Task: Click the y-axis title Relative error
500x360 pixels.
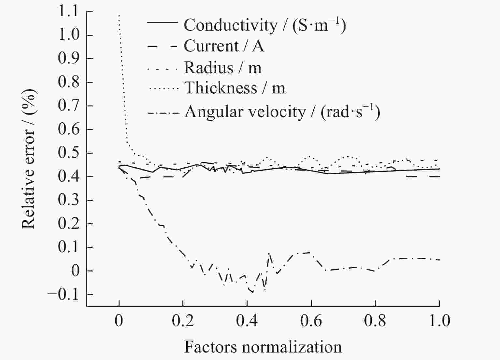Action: click(x=29, y=159)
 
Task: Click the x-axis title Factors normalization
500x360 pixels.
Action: click(x=263, y=347)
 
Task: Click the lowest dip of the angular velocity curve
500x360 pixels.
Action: click(x=253, y=292)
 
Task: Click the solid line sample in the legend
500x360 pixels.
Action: click(x=163, y=22)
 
